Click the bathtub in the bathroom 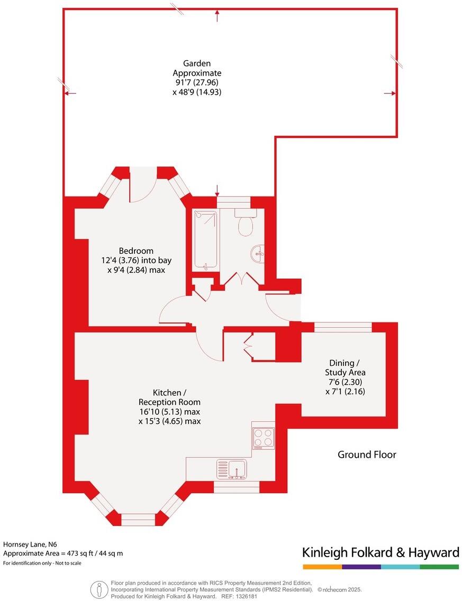coord(205,240)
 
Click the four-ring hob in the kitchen coord(264,438)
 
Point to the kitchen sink coord(232,468)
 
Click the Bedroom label coord(136,251)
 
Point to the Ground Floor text coord(367,455)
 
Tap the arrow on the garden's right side coord(389,94)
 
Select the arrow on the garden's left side coord(70,94)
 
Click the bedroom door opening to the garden coord(142,185)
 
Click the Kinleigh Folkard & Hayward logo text coord(381,553)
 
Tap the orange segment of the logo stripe coord(322,567)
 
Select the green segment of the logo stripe coord(439,567)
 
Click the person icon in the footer coord(97,589)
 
